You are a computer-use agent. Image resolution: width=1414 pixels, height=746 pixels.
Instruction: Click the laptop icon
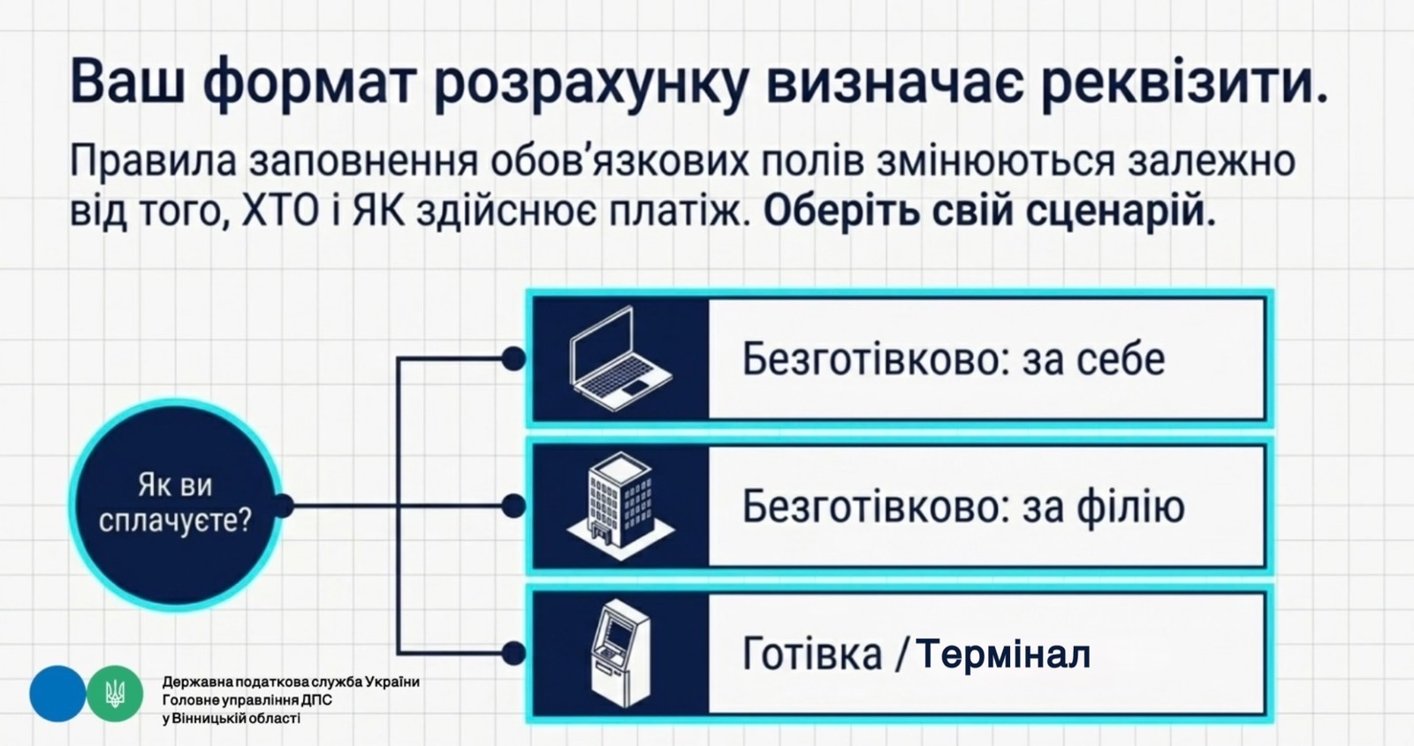pyautogui.click(x=621, y=359)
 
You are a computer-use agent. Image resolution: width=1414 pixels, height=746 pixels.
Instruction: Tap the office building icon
pyautogui.click(x=620, y=505)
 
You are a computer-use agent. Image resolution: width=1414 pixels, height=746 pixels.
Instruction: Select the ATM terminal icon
pyautogui.click(x=621, y=654)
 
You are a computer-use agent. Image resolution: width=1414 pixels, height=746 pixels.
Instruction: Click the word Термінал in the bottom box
pyautogui.click(x=1003, y=654)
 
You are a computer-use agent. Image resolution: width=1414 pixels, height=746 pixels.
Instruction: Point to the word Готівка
pyautogui.click(x=812, y=653)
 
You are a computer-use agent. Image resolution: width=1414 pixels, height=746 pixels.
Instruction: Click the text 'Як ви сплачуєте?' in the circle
pyautogui.click(x=175, y=504)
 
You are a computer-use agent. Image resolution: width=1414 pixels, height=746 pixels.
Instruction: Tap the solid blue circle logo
pyautogui.click(x=57, y=694)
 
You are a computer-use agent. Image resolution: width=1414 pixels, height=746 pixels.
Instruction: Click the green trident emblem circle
pyautogui.click(x=115, y=694)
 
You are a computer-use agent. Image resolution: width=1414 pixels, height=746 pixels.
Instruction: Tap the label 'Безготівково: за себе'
pyautogui.click(x=954, y=359)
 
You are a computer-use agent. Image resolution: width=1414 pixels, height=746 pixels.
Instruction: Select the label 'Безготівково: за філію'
pyautogui.click(x=963, y=506)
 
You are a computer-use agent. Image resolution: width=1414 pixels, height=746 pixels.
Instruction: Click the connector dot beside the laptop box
pyautogui.click(x=513, y=359)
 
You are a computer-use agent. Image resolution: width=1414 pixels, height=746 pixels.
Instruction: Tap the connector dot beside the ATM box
pyautogui.click(x=513, y=653)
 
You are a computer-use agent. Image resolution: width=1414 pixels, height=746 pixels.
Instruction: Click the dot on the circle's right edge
pyautogui.click(x=284, y=506)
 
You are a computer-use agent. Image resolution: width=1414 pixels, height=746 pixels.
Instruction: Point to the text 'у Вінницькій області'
pyautogui.click(x=231, y=719)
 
